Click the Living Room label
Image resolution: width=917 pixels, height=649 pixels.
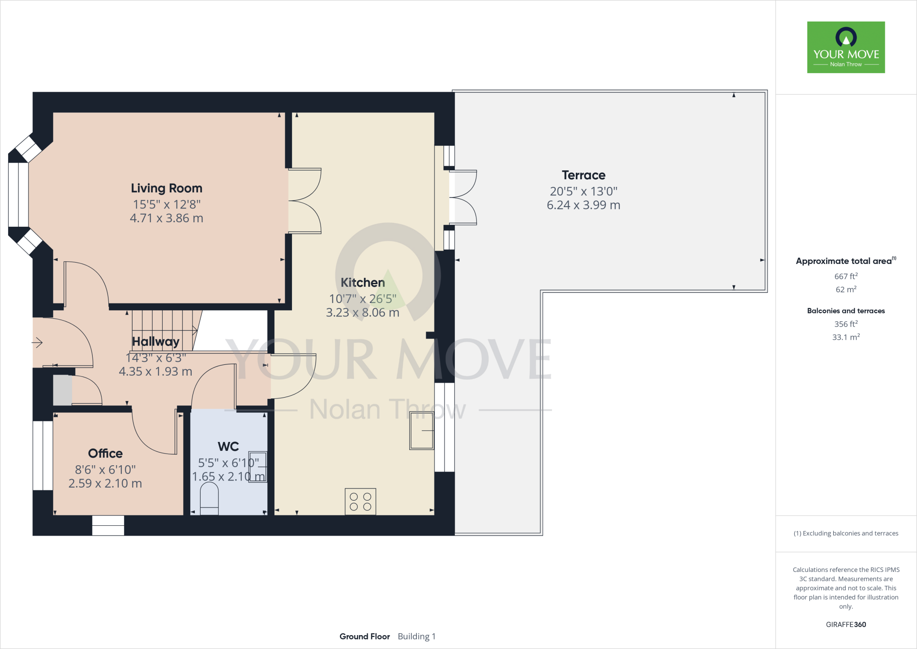(x=166, y=188)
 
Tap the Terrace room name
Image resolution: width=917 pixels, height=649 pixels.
(x=583, y=175)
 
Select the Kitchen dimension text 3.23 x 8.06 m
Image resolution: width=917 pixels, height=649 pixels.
(x=362, y=312)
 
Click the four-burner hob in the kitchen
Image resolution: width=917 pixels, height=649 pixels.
(x=360, y=502)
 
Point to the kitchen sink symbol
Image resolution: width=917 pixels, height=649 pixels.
(x=422, y=431)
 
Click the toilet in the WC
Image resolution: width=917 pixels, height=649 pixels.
(x=209, y=501)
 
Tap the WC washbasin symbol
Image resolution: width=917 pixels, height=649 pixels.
(x=258, y=467)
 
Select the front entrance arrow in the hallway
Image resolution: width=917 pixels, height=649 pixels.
(x=37, y=343)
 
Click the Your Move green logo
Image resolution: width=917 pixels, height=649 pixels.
(x=846, y=47)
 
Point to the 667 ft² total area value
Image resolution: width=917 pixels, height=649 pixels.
(x=846, y=277)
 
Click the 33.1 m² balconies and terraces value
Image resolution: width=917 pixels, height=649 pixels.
(x=846, y=337)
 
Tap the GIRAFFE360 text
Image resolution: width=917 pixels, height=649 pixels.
(x=846, y=624)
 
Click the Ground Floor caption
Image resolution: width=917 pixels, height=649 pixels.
(x=364, y=636)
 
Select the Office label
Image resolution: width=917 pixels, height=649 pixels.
(x=105, y=453)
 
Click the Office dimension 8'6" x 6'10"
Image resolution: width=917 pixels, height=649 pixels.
(x=105, y=470)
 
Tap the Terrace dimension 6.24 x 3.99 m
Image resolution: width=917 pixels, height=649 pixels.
(x=583, y=205)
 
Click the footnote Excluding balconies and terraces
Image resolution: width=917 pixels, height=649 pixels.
(x=846, y=533)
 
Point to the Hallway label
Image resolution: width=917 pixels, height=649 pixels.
(x=155, y=342)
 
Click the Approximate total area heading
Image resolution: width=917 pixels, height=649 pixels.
(x=844, y=261)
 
